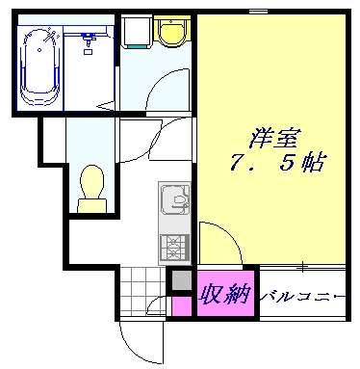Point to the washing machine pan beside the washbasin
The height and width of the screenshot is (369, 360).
138,34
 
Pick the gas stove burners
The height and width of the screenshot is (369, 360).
174,247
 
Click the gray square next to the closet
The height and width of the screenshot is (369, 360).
180,280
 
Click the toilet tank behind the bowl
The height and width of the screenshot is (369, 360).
92,201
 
